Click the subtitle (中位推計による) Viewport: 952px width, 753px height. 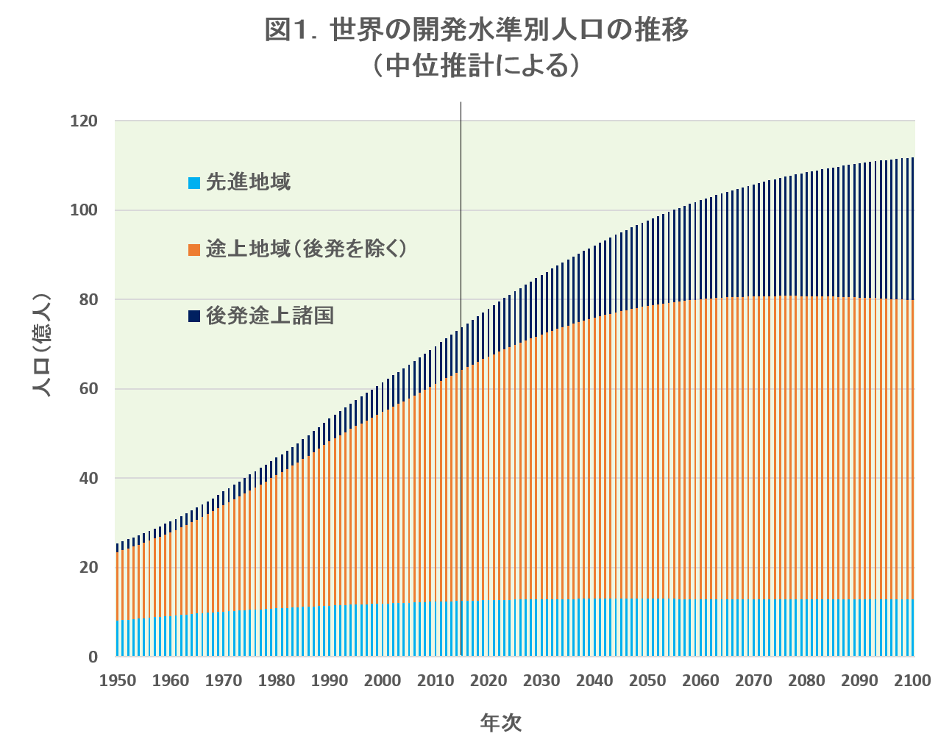[x=476, y=66]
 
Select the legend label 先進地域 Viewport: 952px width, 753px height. [x=248, y=182]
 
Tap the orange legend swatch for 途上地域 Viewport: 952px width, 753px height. [x=194, y=249]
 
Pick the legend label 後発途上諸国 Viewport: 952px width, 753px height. [x=269, y=315]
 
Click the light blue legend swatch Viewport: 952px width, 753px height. [x=194, y=182]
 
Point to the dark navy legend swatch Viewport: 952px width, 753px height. [x=194, y=316]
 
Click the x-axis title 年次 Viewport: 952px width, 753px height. [x=500, y=723]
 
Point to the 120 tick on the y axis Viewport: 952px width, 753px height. [x=84, y=121]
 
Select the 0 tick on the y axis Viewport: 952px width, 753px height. [x=93, y=657]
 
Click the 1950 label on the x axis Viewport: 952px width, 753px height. [x=117, y=680]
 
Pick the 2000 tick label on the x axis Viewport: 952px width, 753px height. [x=382, y=680]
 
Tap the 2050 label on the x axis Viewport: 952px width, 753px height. [x=647, y=680]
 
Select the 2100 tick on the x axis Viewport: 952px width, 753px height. [x=912, y=680]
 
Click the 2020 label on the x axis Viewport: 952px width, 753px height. [x=488, y=680]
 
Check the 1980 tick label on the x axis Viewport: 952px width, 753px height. [x=276, y=680]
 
